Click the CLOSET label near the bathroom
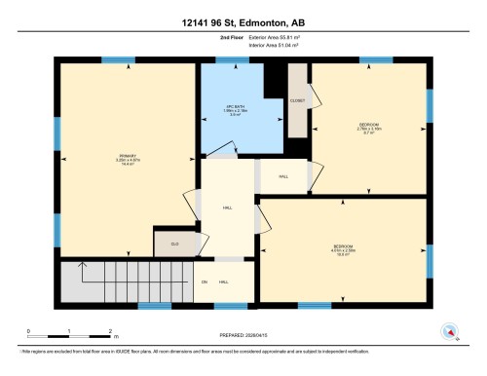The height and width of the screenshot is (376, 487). tap(296, 100)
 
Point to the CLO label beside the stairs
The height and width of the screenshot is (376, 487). tap(175, 244)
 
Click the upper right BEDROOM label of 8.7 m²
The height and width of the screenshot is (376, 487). tap(368, 127)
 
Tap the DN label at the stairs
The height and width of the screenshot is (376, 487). tap(205, 282)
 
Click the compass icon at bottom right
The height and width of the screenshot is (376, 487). tap(449, 332)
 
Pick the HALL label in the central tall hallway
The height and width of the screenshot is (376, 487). tap(227, 207)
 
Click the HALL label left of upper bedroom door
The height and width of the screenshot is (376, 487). tap(283, 177)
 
